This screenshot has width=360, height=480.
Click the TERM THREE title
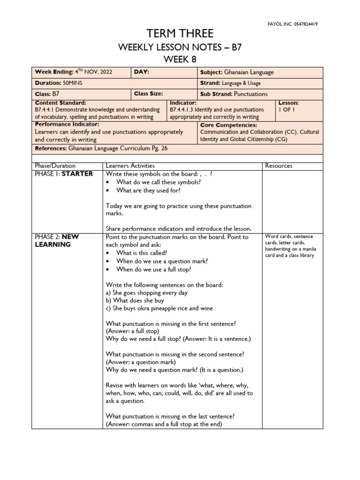tap(180, 34)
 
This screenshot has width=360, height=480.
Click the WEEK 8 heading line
tap(180, 59)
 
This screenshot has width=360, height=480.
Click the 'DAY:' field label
tap(142, 72)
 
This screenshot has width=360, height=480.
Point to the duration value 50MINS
tap(73, 83)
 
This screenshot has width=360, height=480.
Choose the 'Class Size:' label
tap(149, 94)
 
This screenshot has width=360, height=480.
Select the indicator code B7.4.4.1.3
tap(186, 110)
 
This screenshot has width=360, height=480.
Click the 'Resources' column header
tap(278, 165)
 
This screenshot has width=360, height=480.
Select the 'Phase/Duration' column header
tap(55, 165)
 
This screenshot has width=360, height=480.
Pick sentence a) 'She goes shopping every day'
tap(147, 292)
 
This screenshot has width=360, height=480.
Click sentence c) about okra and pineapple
tap(159, 308)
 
